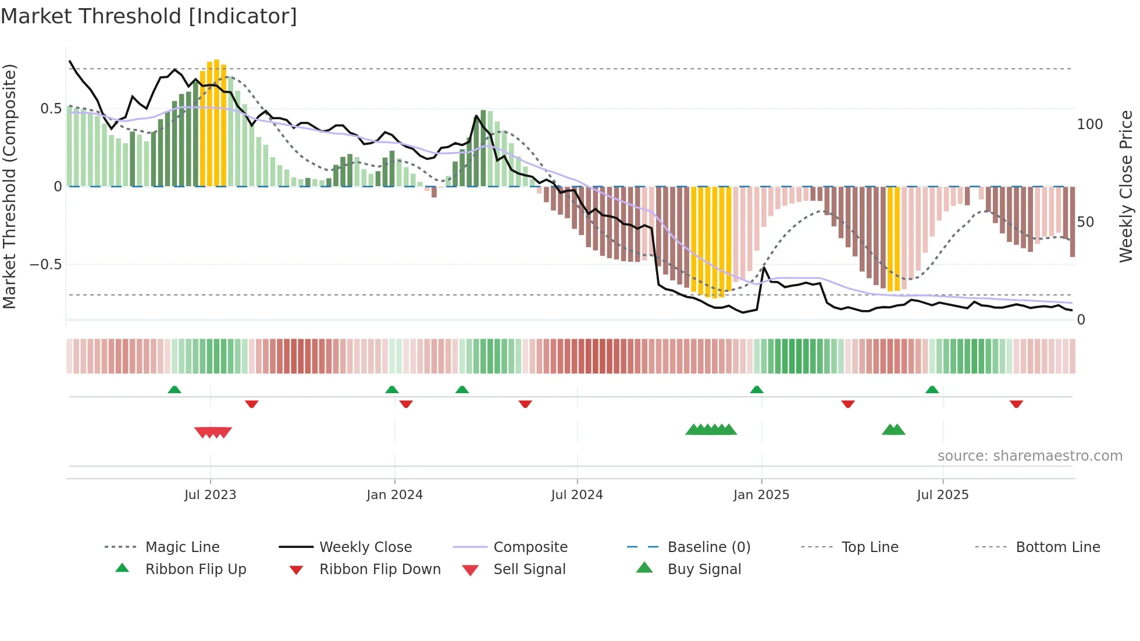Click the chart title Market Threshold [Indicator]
tap(149, 16)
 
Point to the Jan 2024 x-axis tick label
tap(394, 495)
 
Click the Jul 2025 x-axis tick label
tap(942, 495)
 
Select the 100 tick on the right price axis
tap(1089, 124)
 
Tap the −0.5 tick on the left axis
tap(45, 265)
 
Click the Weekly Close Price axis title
tap(1126, 186)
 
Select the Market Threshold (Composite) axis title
tap(9, 186)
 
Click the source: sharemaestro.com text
tap(1029, 456)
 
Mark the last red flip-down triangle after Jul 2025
tap(1016, 404)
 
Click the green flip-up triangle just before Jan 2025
tap(756, 390)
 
